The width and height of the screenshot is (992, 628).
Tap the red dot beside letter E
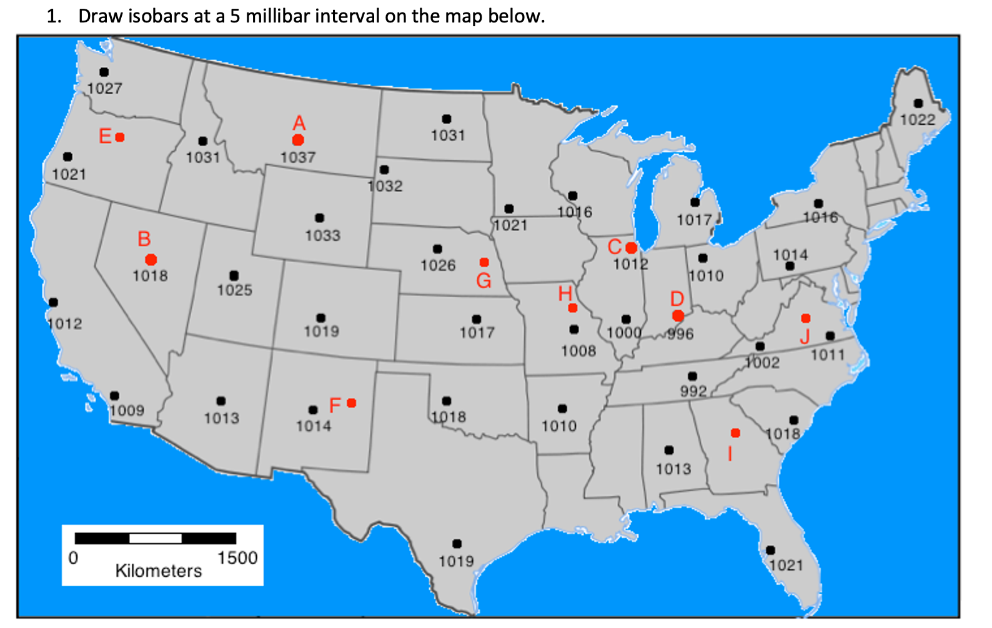(x=120, y=137)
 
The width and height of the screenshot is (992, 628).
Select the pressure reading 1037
(x=298, y=157)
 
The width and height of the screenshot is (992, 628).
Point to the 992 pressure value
(x=693, y=391)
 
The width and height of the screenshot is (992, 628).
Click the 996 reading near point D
(x=680, y=334)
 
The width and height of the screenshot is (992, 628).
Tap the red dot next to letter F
(x=352, y=403)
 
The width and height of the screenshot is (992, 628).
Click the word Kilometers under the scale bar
(x=159, y=571)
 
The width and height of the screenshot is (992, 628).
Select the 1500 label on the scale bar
(x=237, y=557)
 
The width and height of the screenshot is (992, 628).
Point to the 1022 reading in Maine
(x=918, y=119)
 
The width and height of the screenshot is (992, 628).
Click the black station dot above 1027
(x=104, y=72)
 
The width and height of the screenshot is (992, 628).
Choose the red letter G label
(x=484, y=281)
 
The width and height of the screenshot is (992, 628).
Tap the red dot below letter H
(x=573, y=308)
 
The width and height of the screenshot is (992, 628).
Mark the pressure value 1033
(x=323, y=235)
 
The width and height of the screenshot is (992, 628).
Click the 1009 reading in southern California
(x=127, y=410)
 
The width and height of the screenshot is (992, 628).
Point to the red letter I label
(x=730, y=453)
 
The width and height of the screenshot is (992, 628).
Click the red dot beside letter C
(x=631, y=248)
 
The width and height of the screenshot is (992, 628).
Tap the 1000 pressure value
(x=624, y=333)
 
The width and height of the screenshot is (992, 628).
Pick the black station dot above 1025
(x=234, y=275)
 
